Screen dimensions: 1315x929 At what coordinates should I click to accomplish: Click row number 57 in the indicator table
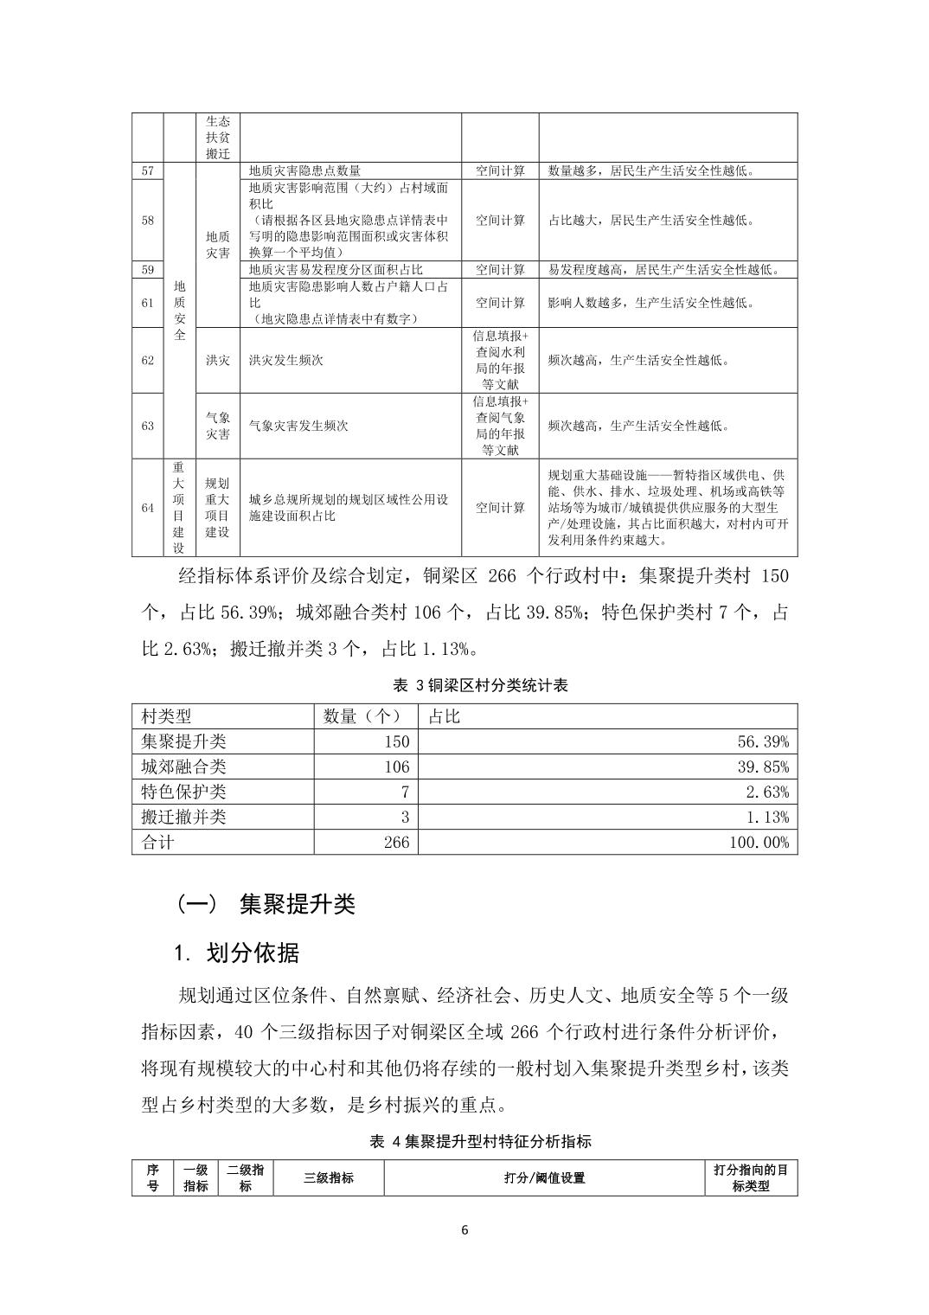pyautogui.click(x=148, y=171)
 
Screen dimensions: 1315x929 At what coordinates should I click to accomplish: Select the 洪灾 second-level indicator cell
pyautogui.click(x=218, y=360)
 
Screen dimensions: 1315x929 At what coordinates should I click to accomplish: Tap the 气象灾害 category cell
pyautogui.click(x=218, y=426)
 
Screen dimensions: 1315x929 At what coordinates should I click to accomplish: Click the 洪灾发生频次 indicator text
pyautogui.click(x=285, y=360)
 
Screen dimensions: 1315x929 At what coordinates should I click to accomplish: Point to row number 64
pyautogui.click(x=148, y=508)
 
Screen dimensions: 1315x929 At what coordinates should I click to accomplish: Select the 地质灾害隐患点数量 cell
pyautogui.click(x=304, y=171)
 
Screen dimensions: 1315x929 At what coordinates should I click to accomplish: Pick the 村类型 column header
pyautogui.click(x=167, y=716)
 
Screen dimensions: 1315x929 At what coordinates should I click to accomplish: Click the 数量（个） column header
pyautogui.click(x=362, y=716)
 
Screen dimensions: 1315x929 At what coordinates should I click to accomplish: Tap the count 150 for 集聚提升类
pyautogui.click(x=396, y=741)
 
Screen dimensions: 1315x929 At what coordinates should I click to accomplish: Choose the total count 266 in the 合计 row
pyautogui.click(x=396, y=842)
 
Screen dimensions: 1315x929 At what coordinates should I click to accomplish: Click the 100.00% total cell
pyautogui.click(x=759, y=842)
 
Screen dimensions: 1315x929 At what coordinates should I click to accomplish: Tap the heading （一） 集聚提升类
pyautogui.click(x=266, y=904)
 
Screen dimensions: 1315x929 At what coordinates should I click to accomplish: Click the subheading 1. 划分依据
pyautogui.click(x=236, y=953)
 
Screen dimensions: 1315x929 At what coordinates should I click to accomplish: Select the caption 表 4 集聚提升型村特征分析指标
pyautogui.click(x=480, y=1142)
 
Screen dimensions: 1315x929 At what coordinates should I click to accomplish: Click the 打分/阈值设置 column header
pyautogui.click(x=544, y=1178)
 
